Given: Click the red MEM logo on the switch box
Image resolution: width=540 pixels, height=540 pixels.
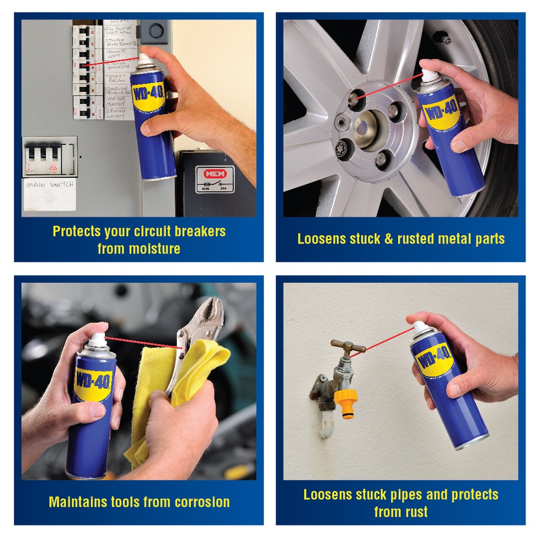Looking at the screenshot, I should point(215,173).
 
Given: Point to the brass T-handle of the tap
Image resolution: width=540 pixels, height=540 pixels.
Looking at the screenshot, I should point(348,346).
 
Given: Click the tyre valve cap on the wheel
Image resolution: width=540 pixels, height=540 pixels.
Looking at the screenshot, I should point(441,38).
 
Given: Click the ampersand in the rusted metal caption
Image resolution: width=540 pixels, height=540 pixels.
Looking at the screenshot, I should point(389,239).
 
